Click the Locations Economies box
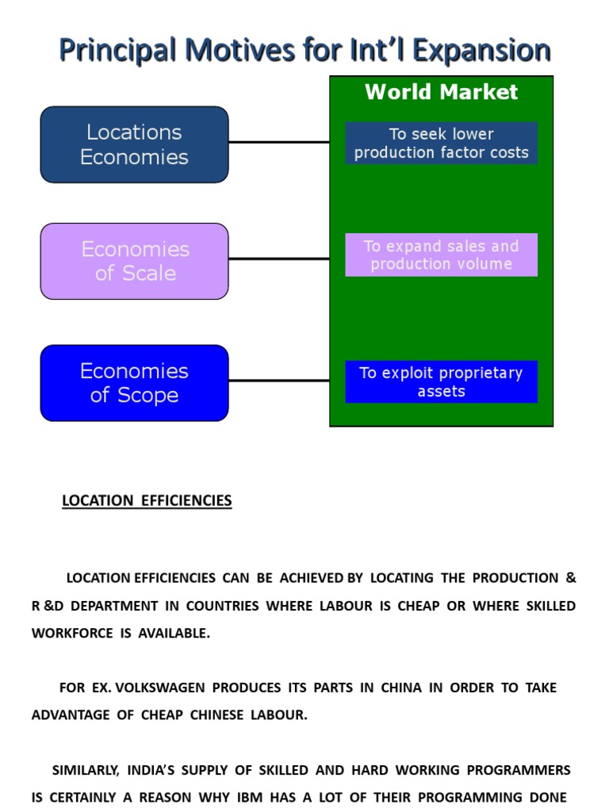point(134,144)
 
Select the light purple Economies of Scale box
point(134,261)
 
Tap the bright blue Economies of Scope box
point(134,383)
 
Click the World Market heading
point(441,92)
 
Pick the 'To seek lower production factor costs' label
point(441,144)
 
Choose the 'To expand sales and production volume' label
point(441,255)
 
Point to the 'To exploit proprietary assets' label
point(441,382)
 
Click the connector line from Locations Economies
point(278,143)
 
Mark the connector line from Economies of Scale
point(278,259)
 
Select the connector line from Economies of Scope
point(278,381)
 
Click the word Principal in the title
point(117,51)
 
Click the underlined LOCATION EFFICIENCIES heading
point(147,501)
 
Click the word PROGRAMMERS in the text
point(519,770)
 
